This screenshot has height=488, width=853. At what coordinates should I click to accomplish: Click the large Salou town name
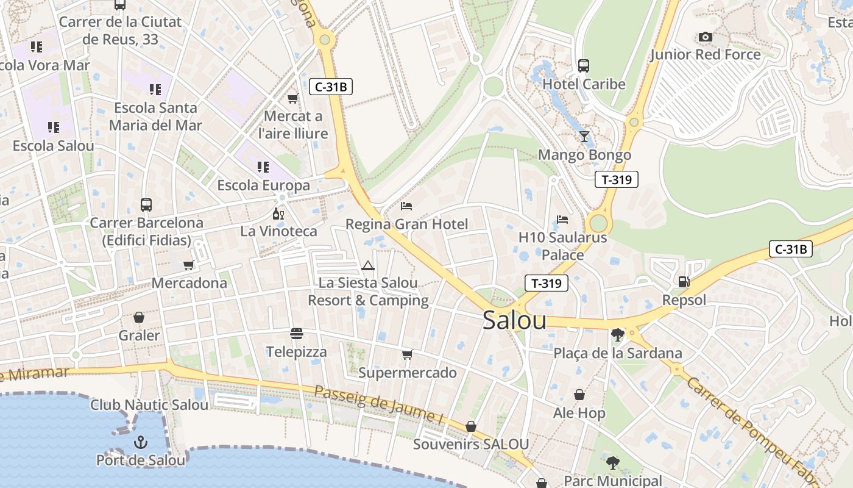coord(514,321)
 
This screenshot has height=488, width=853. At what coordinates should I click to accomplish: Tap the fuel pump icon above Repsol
coord(684,281)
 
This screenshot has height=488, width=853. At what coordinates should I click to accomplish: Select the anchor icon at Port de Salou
coord(141,442)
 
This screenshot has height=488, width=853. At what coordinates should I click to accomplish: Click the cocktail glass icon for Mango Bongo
coord(584,136)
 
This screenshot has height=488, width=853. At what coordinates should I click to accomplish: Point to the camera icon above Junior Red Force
coord(706,37)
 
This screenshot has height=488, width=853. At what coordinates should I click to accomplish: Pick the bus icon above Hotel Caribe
coord(584,65)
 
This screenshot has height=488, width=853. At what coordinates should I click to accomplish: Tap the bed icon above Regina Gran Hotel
coord(406,206)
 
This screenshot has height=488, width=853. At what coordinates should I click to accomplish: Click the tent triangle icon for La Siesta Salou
coord(367,265)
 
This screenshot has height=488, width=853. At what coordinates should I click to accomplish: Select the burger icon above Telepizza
coord(297,334)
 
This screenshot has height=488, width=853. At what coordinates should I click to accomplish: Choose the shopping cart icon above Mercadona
coord(189,265)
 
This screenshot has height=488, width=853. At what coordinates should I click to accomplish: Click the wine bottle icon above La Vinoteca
coord(278,213)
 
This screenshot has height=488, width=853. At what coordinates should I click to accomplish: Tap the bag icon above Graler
coord(139,317)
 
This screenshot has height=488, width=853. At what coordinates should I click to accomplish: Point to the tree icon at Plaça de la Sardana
coord(617,334)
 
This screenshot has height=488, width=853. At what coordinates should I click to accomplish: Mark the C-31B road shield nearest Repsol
coord(791,249)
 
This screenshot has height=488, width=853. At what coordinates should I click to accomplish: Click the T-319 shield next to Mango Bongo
coord(617,179)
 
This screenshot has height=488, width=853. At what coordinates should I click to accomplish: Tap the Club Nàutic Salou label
coord(149,404)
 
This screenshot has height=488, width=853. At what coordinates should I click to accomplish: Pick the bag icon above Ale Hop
coord(579,395)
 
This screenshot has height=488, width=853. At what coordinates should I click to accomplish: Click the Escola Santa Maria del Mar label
coord(155,117)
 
